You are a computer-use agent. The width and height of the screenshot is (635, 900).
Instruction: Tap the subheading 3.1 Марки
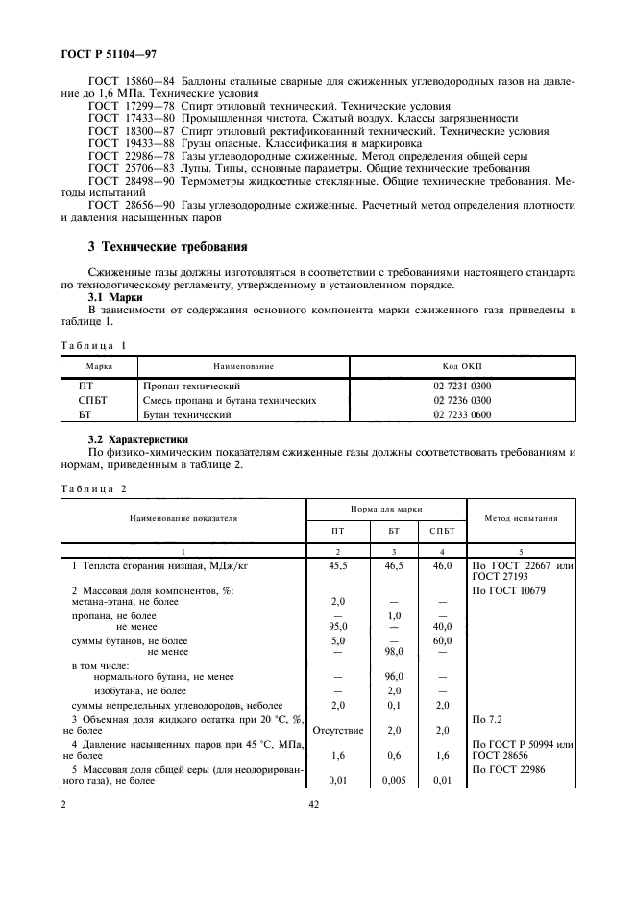click(115, 297)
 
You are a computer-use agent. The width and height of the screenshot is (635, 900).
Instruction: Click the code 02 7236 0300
click(461, 399)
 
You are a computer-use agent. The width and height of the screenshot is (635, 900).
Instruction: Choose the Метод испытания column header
click(521, 518)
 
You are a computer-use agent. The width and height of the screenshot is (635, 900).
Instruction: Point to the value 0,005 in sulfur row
click(393, 780)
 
